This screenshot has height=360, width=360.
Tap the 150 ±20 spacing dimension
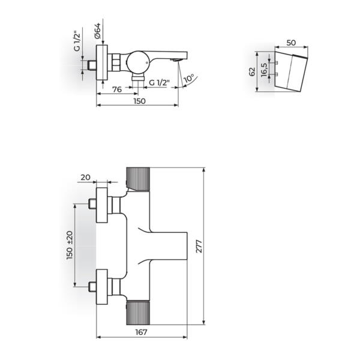point(70,245)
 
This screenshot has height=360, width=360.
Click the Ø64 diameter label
point(99,29)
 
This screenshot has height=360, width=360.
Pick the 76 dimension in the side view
point(118,90)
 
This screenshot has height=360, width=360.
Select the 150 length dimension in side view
point(139,101)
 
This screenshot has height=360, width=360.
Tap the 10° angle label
point(190,79)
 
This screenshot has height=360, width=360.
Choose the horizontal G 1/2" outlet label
point(160,82)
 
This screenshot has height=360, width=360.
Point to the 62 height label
point(253,71)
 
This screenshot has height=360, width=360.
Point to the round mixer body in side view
point(136,61)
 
